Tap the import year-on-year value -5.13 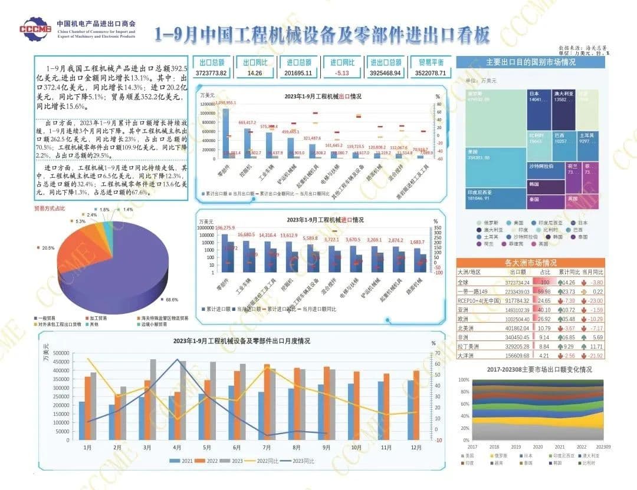pyautogui.click(x=342, y=73)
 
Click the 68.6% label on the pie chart pyautogui.click(x=172, y=299)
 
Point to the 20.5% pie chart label pyautogui.click(x=48, y=247)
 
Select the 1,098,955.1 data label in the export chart pyautogui.click(x=230, y=102)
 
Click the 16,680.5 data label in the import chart pyautogui.click(x=246, y=234)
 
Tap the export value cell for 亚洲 pyautogui.click(x=517, y=310)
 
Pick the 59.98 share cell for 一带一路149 pyautogui.click(x=545, y=291)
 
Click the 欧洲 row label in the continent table pyautogui.click(x=464, y=319)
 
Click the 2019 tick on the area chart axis pyautogui.click(x=516, y=447)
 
